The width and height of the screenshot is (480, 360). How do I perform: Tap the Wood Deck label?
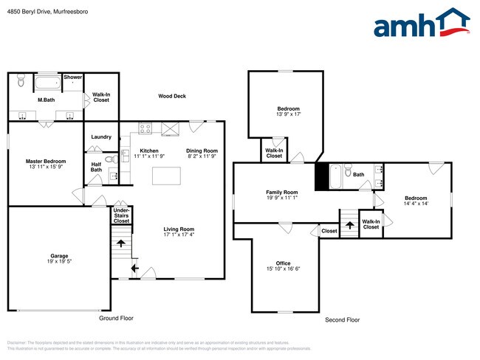click(172, 96)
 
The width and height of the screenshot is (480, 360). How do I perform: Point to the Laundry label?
click(101, 137)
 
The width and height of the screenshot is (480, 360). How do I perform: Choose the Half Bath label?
click(96, 167)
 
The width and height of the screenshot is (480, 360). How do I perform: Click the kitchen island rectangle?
click(167, 176)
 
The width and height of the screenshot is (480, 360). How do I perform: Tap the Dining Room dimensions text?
click(202, 156)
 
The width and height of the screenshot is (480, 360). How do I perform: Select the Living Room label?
click(179, 229)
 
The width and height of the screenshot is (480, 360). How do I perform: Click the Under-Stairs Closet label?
click(121, 215)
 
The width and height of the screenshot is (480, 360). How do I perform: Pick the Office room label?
click(283, 263)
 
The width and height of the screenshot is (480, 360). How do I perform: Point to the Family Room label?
click(281, 193)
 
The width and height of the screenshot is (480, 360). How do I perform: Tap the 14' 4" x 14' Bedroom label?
click(416, 198)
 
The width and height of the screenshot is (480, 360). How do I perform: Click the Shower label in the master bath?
click(72, 77)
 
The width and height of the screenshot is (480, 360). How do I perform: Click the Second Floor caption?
click(343, 320)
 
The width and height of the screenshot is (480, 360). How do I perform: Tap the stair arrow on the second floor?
click(349, 224)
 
